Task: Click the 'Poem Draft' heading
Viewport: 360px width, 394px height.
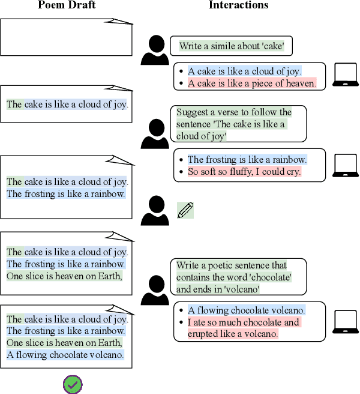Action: pyautogui.click(x=66, y=5)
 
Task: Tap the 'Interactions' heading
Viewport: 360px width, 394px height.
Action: pyautogui.click(x=238, y=5)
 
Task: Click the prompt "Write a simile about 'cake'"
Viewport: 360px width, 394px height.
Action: pyautogui.click(x=236, y=46)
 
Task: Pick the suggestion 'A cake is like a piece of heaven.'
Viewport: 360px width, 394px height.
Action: pyautogui.click(x=252, y=83)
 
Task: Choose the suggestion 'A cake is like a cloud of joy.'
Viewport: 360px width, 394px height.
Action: pyautogui.click(x=245, y=71)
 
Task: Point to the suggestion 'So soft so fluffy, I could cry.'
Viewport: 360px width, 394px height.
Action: pyautogui.click(x=244, y=172)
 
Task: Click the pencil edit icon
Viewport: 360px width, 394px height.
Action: pyautogui.click(x=185, y=210)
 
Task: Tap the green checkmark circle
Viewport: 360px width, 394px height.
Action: pyautogui.click(x=73, y=384)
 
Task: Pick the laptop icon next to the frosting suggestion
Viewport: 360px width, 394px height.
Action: pyautogui.click(x=345, y=165)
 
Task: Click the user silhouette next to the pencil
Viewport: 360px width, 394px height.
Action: pyautogui.click(x=155, y=211)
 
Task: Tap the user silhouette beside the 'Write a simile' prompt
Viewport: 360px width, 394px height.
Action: pyautogui.click(x=155, y=50)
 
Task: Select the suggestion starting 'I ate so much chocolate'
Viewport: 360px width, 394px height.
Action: pyautogui.click(x=244, y=328)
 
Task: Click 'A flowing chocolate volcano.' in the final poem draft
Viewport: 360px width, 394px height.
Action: pyautogui.click(x=65, y=355)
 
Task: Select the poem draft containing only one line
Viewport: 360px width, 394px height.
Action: pyautogui.click(x=66, y=105)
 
